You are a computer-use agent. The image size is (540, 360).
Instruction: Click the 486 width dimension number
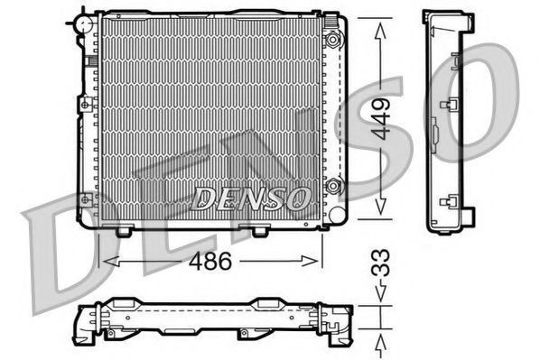point(210,261)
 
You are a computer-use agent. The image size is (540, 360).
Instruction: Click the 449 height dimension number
point(382,119)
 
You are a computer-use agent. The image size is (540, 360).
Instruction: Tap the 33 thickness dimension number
point(380,263)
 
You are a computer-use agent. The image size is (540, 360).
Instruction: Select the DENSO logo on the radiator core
point(250,198)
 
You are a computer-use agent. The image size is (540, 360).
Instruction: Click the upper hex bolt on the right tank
point(332,40)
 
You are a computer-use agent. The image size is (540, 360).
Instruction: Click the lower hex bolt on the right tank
point(333,187)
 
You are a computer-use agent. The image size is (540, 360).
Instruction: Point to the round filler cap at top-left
point(84,24)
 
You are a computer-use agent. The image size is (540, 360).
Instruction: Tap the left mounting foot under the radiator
point(124,231)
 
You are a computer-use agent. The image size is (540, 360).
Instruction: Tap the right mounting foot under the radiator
point(260,231)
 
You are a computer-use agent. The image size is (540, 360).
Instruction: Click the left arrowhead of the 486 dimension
point(111,262)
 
